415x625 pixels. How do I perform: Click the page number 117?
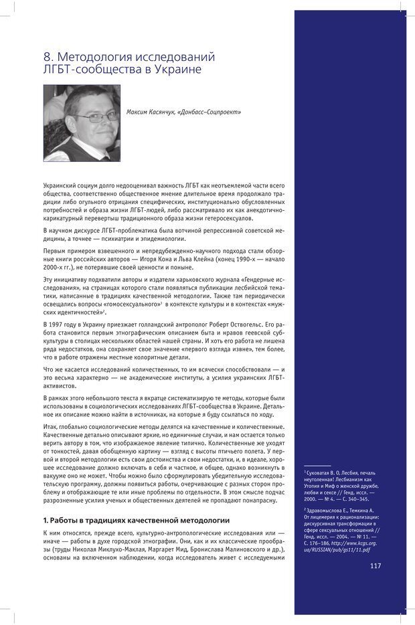(375, 565)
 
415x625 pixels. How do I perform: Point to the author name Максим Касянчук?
(151, 112)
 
